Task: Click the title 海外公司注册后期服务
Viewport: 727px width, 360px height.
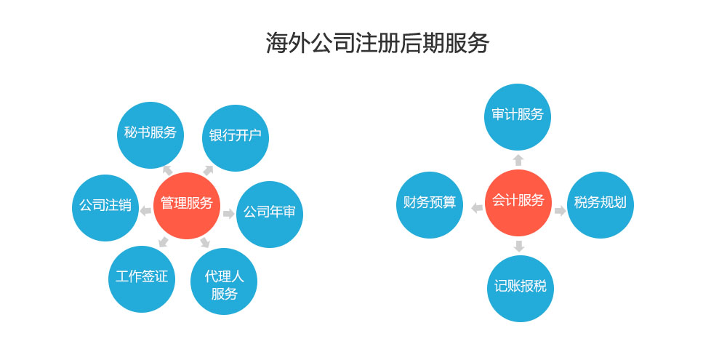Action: tap(377, 44)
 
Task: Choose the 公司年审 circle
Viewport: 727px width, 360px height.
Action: tap(269, 214)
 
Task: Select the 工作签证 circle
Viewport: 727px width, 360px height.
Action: tap(142, 279)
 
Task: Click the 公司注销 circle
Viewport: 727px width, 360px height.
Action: tap(105, 207)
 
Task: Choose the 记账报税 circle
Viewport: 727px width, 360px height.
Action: tap(520, 288)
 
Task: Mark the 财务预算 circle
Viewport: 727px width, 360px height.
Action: tap(430, 204)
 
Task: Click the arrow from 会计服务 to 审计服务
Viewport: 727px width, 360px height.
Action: tap(518, 159)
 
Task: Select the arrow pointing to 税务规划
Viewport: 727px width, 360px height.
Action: tap(560, 211)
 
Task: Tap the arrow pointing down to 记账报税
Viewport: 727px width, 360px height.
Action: tap(518, 246)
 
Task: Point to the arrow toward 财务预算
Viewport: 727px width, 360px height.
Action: tap(477, 208)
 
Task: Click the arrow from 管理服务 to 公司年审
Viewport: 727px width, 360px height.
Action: tap(228, 214)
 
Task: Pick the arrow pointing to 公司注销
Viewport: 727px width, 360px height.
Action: tap(145, 211)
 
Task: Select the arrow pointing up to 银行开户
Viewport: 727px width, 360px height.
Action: tap(208, 170)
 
